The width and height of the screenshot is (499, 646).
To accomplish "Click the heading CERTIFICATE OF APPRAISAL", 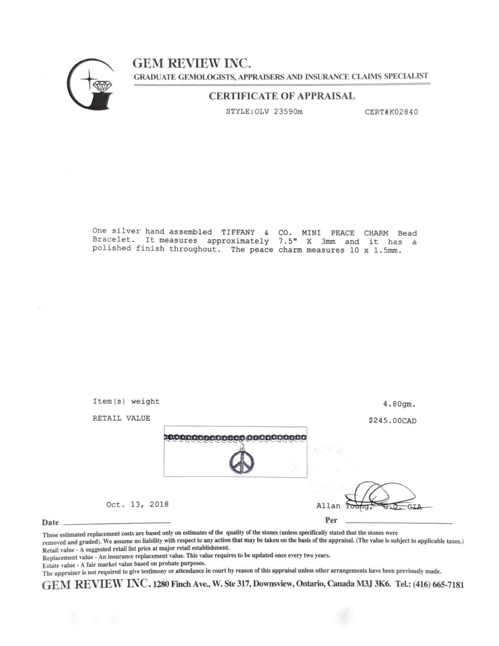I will [281, 96].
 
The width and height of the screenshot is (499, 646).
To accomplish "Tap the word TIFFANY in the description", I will [238, 233].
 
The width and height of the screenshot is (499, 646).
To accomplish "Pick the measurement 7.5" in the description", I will [286, 241].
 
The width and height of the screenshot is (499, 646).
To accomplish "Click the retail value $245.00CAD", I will [393, 421].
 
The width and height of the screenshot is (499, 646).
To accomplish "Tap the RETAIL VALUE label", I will [121, 418].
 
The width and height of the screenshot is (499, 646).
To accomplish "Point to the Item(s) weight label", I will [126, 401].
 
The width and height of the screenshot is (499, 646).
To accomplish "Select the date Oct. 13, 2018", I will [137, 504].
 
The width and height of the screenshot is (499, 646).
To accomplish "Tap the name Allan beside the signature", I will [328, 506].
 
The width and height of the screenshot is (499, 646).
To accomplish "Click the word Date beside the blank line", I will [50, 522].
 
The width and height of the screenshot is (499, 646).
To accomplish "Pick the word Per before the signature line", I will [331, 520].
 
